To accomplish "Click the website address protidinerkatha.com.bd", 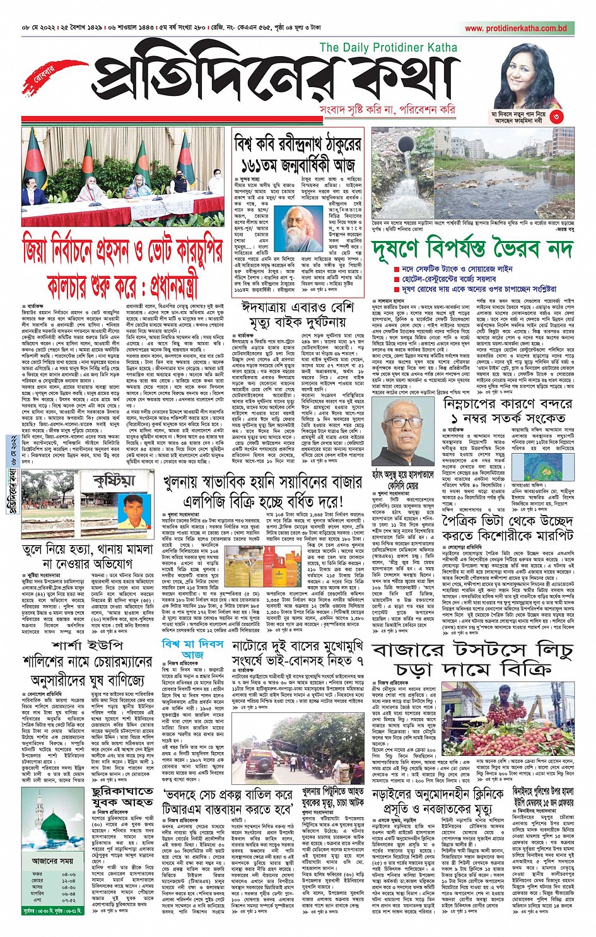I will click(516, 28).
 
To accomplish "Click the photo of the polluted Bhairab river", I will click(473, 172).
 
